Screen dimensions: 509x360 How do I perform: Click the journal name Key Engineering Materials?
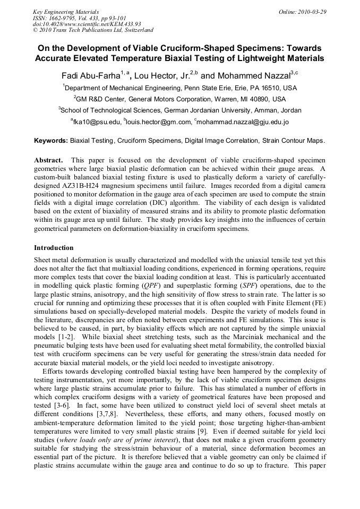click(66, 11)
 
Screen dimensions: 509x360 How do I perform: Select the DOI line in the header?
click(79, 24)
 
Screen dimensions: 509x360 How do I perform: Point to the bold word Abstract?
click(49, 160)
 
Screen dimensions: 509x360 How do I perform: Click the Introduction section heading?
click(54, 248)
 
